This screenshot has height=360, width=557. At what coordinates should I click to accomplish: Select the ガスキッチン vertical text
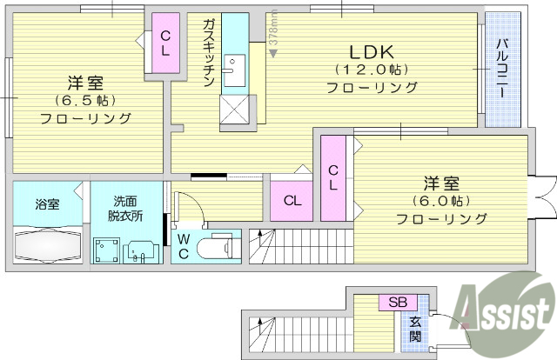pyautogui.click(x=209, y=52)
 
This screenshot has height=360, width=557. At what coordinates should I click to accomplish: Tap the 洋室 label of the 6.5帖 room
pyautogui.click(x=85, y=83)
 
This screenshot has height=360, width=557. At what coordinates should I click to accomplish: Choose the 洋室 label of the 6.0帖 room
pyautogui.click(x=441, y=183)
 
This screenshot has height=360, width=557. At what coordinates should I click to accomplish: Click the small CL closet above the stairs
pyautogui.click(x=293, y=201)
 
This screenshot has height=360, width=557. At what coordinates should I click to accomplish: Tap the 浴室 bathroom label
pyautogui.click(x=47, y=204)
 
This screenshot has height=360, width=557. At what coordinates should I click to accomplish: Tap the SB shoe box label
pyautogui.click(x=397, y=303)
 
